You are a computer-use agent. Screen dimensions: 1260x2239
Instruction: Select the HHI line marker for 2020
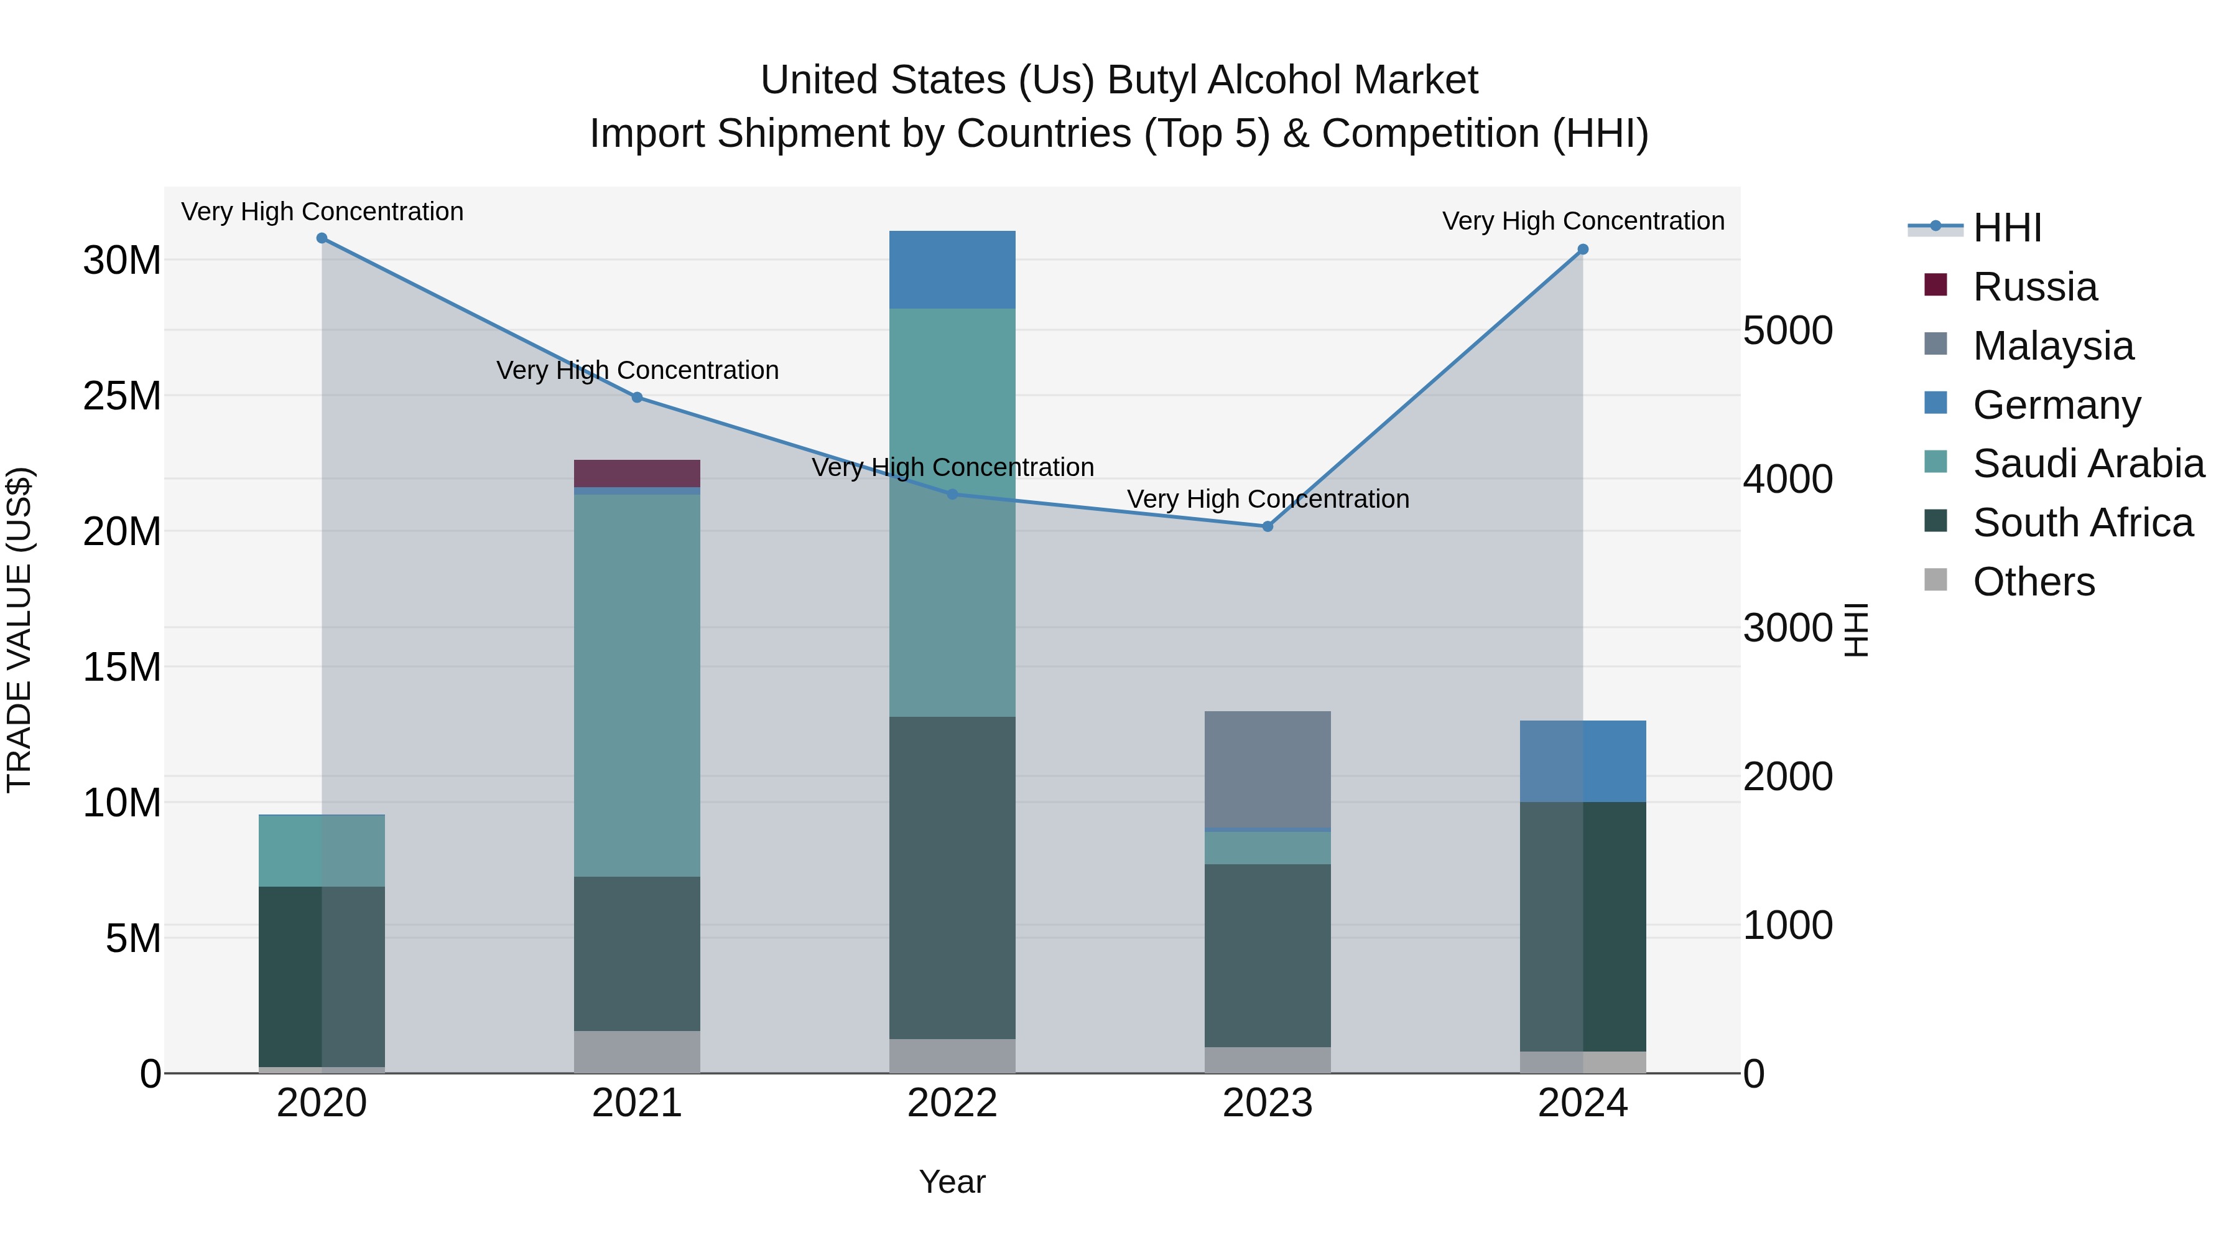(322, 238)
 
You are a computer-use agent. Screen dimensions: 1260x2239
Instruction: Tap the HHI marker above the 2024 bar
(1582, 250)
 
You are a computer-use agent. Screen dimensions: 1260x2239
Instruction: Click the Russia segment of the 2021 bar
(636, 473)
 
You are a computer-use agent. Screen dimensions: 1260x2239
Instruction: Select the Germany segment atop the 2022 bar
(952, 269)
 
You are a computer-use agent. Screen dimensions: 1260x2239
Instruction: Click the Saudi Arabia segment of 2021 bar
(636, 685)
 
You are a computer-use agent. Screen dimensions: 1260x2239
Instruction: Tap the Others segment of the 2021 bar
(636, 1052)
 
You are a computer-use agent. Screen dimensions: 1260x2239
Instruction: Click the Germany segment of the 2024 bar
(1582, 761)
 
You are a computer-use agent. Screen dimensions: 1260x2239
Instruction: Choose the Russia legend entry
(2034, 287)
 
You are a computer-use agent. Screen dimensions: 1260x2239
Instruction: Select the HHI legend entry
(2006, 228)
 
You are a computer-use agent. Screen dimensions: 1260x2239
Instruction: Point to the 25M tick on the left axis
(122, 396)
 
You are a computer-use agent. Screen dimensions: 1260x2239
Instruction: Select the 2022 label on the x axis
(952, 1103)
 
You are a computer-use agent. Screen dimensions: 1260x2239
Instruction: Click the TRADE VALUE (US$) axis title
(19, 630)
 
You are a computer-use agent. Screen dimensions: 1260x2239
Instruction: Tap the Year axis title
(952, 1182)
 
